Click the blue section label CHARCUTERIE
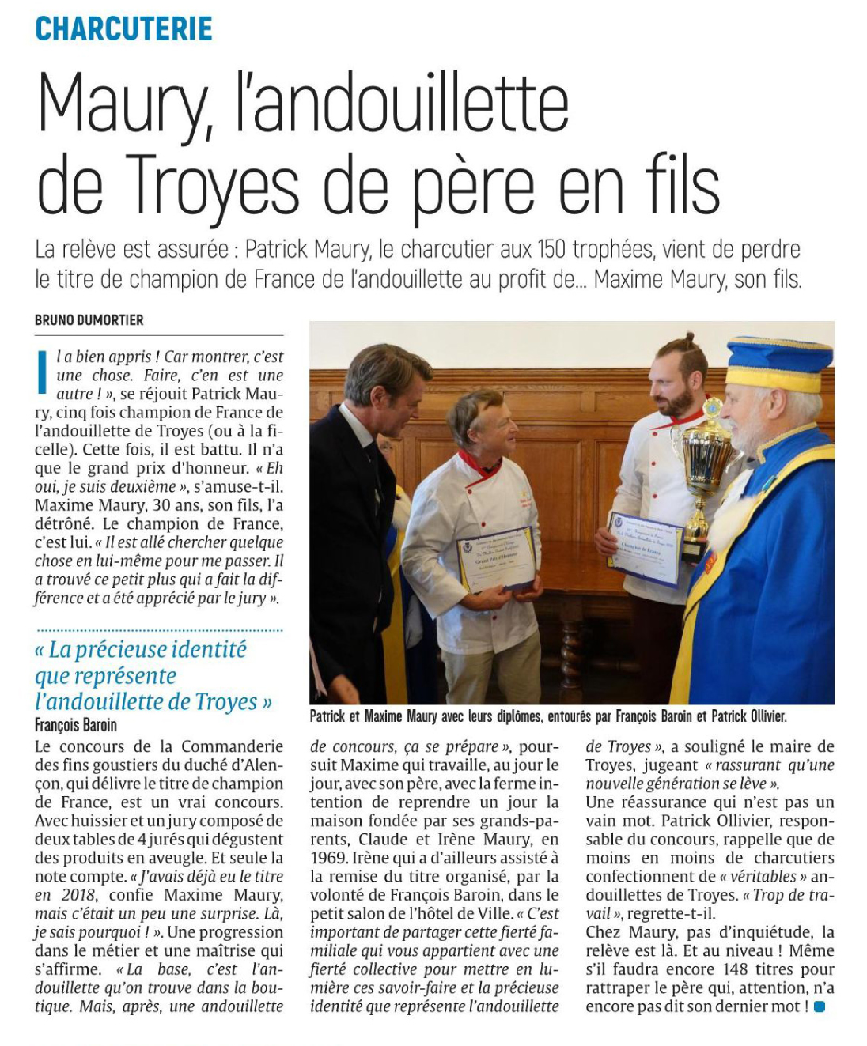pos(123,28)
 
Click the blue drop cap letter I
pos(42,372)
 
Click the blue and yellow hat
pos(778,363)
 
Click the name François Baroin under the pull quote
pos(76,725)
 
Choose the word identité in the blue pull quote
pos(197,650)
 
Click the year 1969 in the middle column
pos(327,858)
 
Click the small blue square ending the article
pos(820,1006)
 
